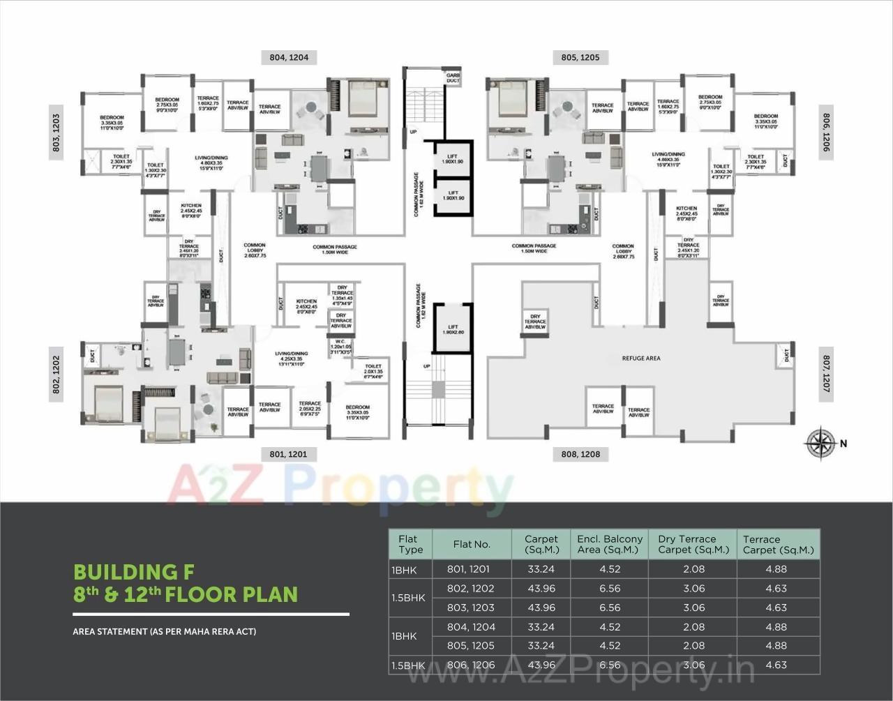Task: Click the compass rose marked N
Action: (821, 443)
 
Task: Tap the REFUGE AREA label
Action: (640, 359)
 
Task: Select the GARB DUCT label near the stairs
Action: (453, 77)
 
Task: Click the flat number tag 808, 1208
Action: (580, 454)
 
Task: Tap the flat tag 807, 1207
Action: (827, 373)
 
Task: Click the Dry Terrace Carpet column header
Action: (692, 544)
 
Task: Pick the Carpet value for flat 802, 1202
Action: (541, 588)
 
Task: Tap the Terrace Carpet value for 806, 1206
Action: (776, 665)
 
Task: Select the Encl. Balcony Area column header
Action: (610, 544)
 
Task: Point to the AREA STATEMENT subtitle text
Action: (165, 632)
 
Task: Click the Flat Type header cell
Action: (410, 544)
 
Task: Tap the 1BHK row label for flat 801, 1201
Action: (404, 569)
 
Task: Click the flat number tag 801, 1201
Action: (288, 454)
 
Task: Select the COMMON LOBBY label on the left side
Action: (254, 250)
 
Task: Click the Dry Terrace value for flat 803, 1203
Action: (692, 608)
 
